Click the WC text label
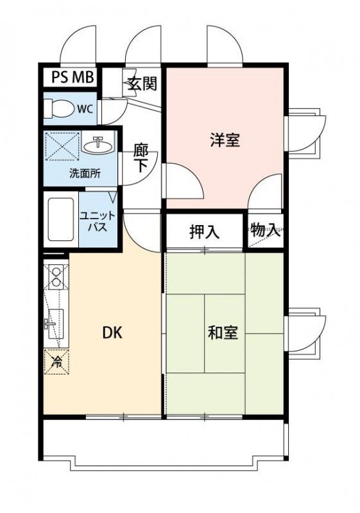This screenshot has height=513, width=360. point(85,109)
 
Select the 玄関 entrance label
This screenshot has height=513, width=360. point(142,84)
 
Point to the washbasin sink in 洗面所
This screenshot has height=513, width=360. point(98,144)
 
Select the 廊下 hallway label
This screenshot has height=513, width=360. point(141,158)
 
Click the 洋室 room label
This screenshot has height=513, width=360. point(225,140)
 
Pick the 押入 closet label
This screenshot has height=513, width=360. point(204,231)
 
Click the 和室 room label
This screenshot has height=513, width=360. point(223,333)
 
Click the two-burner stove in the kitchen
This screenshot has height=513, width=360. point(55,276)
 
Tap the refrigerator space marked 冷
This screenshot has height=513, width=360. point(56,360)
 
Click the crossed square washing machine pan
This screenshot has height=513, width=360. point(62,145)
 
